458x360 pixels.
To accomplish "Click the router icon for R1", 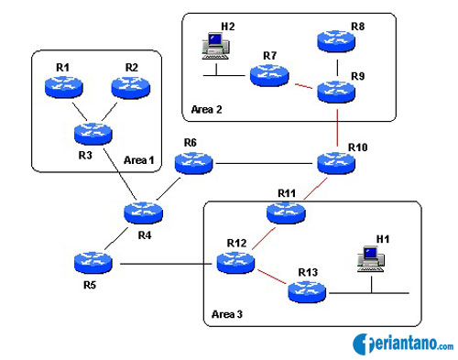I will pyautogui.click(x=62, y=87).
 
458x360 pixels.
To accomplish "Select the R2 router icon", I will pyautogui.click(x=130, y=87).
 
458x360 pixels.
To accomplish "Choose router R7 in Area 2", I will pyautogui.click(x=269, y=76).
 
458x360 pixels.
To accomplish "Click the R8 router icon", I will pyautogui.click(x=337, y=41).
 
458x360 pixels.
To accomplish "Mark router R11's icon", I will pyautogui.click(x=287, y=213).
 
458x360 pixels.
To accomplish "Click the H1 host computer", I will pyautogui.click(x=371, y=259).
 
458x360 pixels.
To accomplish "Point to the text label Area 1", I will pyautogui.click(x=139, y=160).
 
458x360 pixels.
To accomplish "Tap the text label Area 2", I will pyautogui.click(x=207, y=110).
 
